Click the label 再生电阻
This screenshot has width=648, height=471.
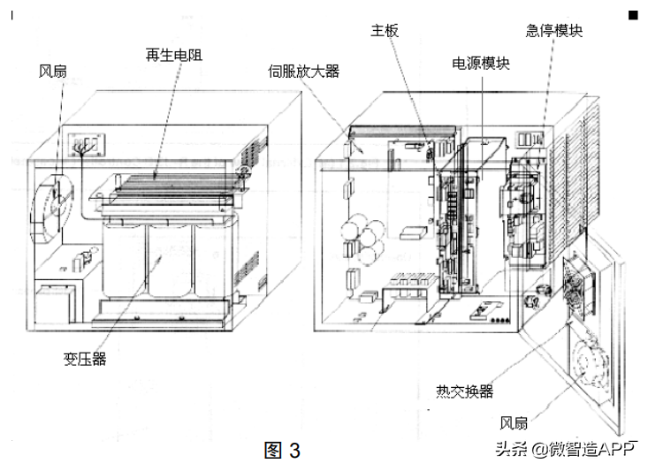pyautogui.click(x=173, y=55)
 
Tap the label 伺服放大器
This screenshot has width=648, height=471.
pyautogui.click(x=304, y=72)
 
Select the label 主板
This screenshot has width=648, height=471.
pyautogui.click(x=385, y=31)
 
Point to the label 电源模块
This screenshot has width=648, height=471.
pyautogui.click(x=481, y=64)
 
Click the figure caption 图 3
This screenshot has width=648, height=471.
pyautogui.click(x=283, y=451)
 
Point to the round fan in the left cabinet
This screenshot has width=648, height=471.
pyautogui.click(x=50, y=202)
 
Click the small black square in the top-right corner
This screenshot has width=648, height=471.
pyautogui.click(x=633, y=15)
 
